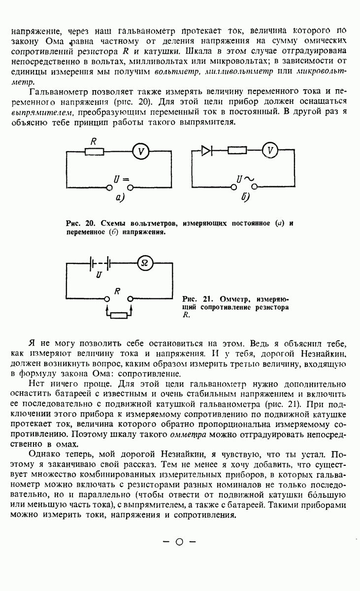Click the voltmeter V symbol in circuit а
141,152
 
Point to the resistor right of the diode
237,150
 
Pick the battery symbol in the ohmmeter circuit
99,264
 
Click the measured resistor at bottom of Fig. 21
119,315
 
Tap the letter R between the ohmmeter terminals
118,292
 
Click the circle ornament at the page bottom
179,542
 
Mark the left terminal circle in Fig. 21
107,298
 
